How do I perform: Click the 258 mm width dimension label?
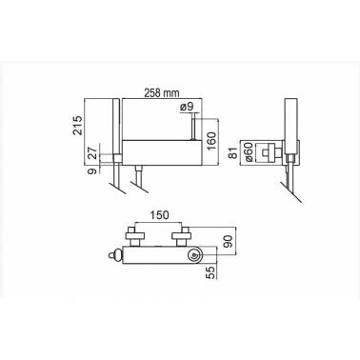tap(162, 93)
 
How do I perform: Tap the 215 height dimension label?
tap(78, 126)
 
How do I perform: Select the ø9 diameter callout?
tap(187, 107)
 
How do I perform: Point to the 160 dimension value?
tap(210, 140)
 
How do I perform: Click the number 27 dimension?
tap(92, 153)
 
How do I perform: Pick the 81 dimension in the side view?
tap(234, 153)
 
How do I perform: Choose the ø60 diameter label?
tap(249, 152)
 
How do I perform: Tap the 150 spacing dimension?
tap(159, 215)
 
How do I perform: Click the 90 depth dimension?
tap(230, 241)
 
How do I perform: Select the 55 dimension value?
tap(210, 272)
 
